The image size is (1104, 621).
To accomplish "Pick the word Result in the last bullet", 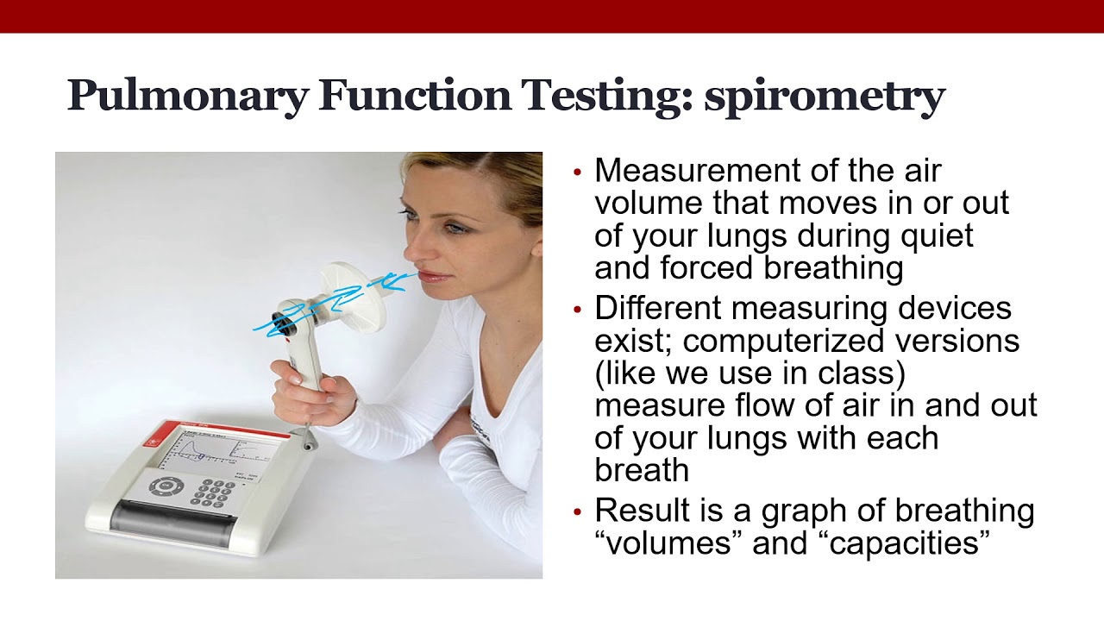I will point(642,511).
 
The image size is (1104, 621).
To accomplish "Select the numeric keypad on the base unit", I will point(212,492).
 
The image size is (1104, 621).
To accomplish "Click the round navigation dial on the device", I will point(166,486).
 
